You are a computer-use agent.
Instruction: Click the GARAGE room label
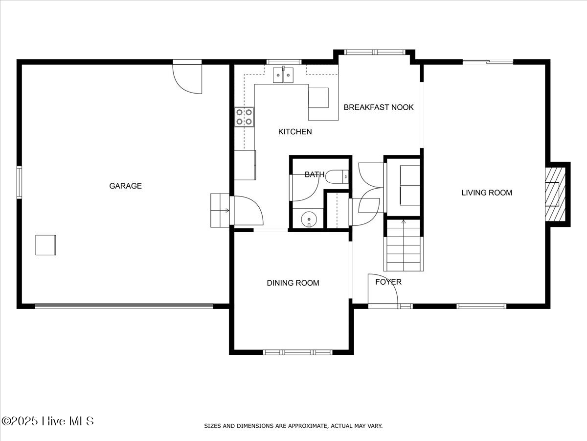click(x=125, y=186)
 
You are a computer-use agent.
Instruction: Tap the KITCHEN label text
click(x=295, y=132)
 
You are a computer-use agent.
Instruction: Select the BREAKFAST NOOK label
click(x=379, y=107)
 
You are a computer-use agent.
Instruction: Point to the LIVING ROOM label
click(x=487, y=193)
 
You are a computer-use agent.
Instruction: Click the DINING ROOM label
click(x=293, y=283)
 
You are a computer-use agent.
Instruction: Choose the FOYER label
click(x=388, y=282)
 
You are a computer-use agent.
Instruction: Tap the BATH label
click(x=315, y=174)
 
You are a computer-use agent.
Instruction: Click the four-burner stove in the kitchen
click(x=244, y=117)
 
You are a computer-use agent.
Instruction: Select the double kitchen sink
click(x=283, y=75)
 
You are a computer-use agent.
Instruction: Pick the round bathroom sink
click(x=309, y=218)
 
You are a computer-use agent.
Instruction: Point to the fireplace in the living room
click(x=555, y=194)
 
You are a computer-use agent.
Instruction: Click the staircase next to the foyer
click(x=404, y=246)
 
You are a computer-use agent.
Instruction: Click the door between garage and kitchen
click(x=247, y=211)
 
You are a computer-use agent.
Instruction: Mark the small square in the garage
click(x=45, y=245)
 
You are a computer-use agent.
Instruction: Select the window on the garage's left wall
click(x=19, y=182)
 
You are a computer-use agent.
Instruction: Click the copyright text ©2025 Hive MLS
click(x=47, y=421)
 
